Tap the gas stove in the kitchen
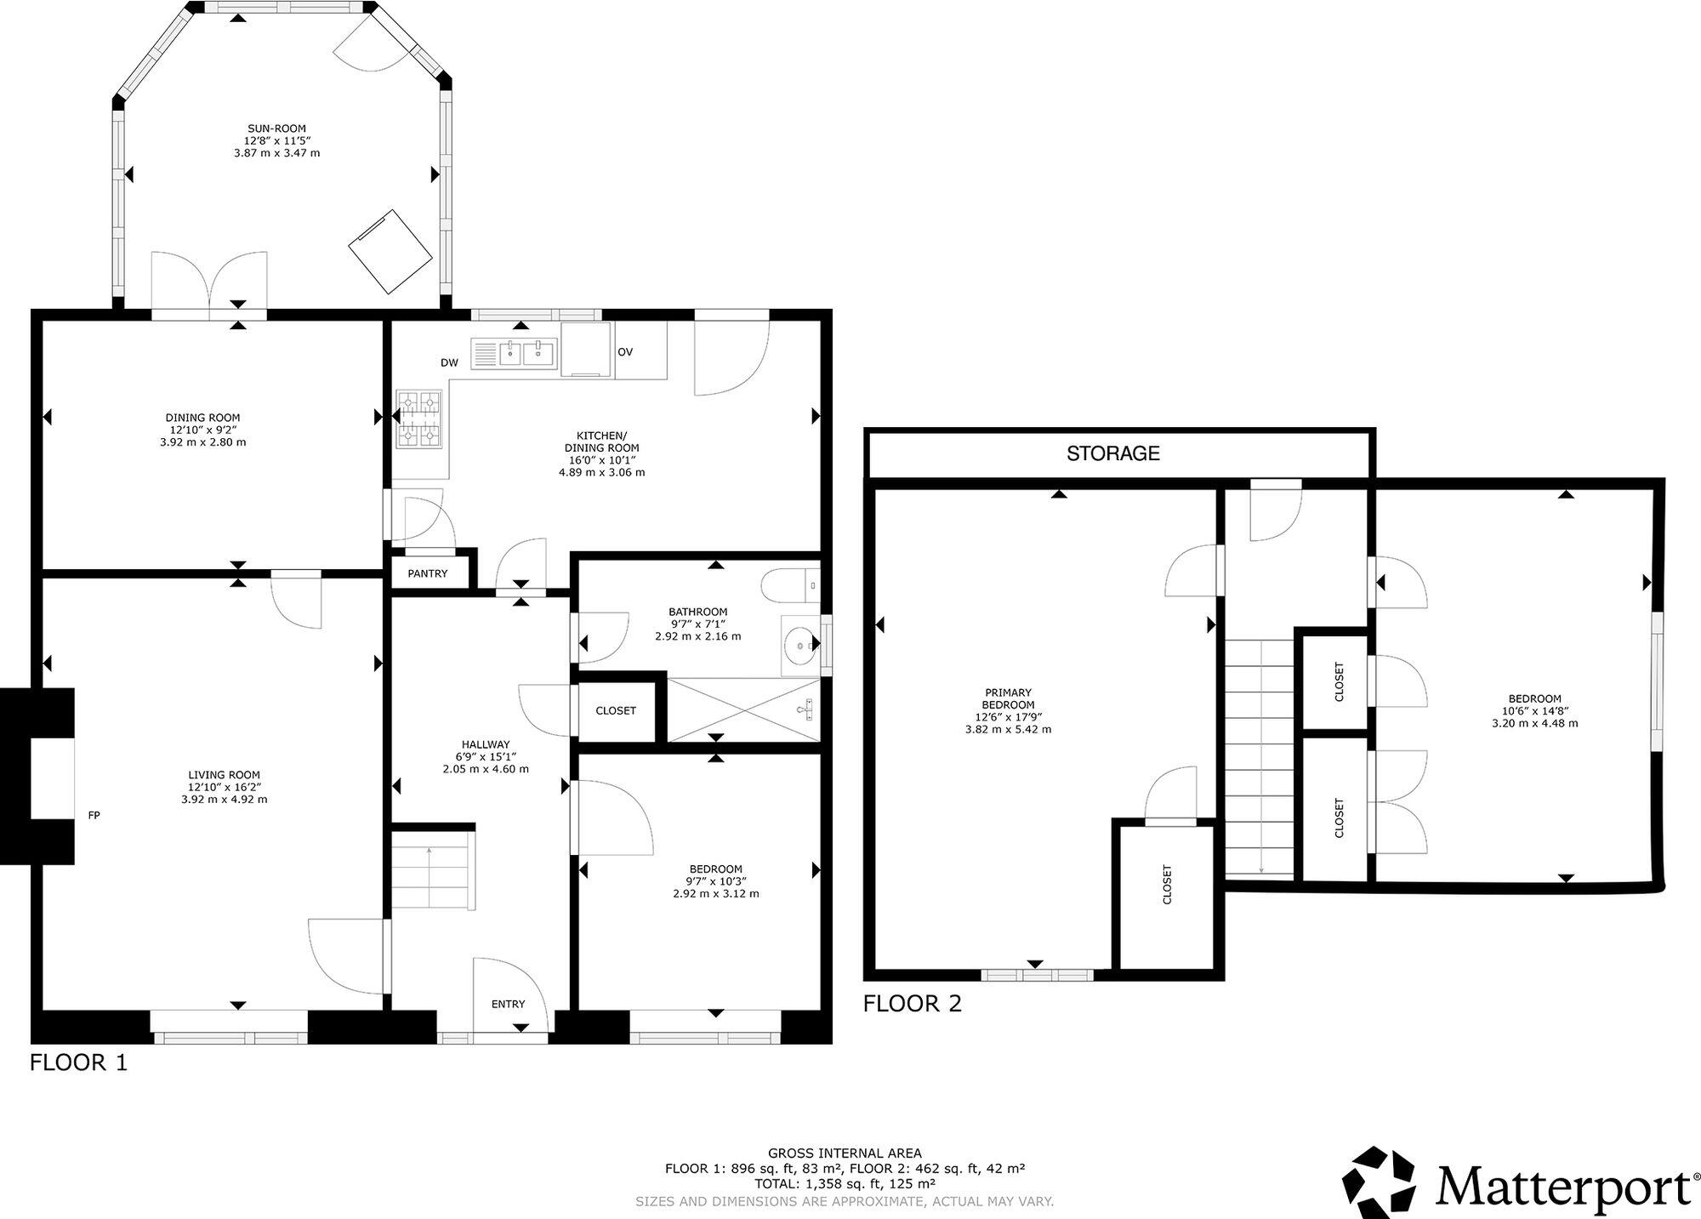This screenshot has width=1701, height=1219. click(419, 419)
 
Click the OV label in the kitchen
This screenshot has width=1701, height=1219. click(625, 352)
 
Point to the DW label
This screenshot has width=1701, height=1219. click(449, 363)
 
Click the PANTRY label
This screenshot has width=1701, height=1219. click(427, 574)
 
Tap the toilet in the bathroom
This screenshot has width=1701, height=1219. click(791, 586)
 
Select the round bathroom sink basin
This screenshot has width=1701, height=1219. click(799, 646)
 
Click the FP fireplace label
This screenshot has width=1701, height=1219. click(94, 816)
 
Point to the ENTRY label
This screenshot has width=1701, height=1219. click(508, 1005)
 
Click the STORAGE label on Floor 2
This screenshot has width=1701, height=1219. click(1112, 453)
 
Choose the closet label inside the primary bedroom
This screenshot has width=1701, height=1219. click(1167, 885)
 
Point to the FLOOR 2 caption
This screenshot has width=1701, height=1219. click(912, 1004)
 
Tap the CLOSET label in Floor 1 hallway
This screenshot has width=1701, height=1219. click(616, 711)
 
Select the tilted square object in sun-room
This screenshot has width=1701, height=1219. click(390, 251)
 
